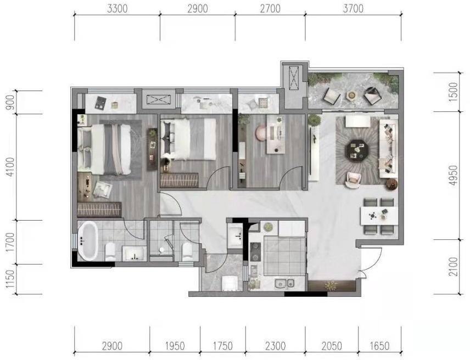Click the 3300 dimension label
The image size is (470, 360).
(117, 9)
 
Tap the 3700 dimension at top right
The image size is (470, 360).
(353, 9)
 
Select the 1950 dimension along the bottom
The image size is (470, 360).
(175, 346)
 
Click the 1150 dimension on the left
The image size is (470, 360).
(10, 279)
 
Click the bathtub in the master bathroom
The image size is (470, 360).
(87, 241)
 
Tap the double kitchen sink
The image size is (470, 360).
(284, 283)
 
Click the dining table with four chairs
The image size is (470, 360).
(379, 216)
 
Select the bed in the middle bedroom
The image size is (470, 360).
(188, 139)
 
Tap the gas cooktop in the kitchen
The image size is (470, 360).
(256, 251)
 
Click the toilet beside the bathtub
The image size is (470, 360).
(110, 251)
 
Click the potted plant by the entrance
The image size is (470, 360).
(331, 285)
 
